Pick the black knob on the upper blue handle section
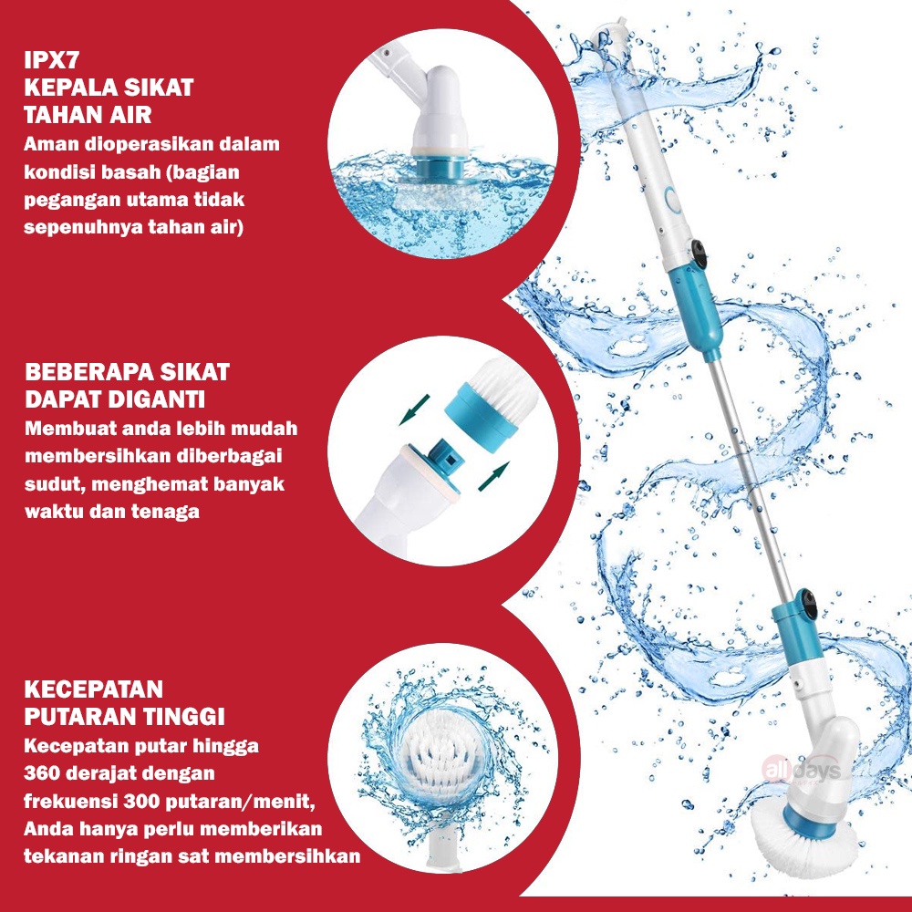pos(700,253)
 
